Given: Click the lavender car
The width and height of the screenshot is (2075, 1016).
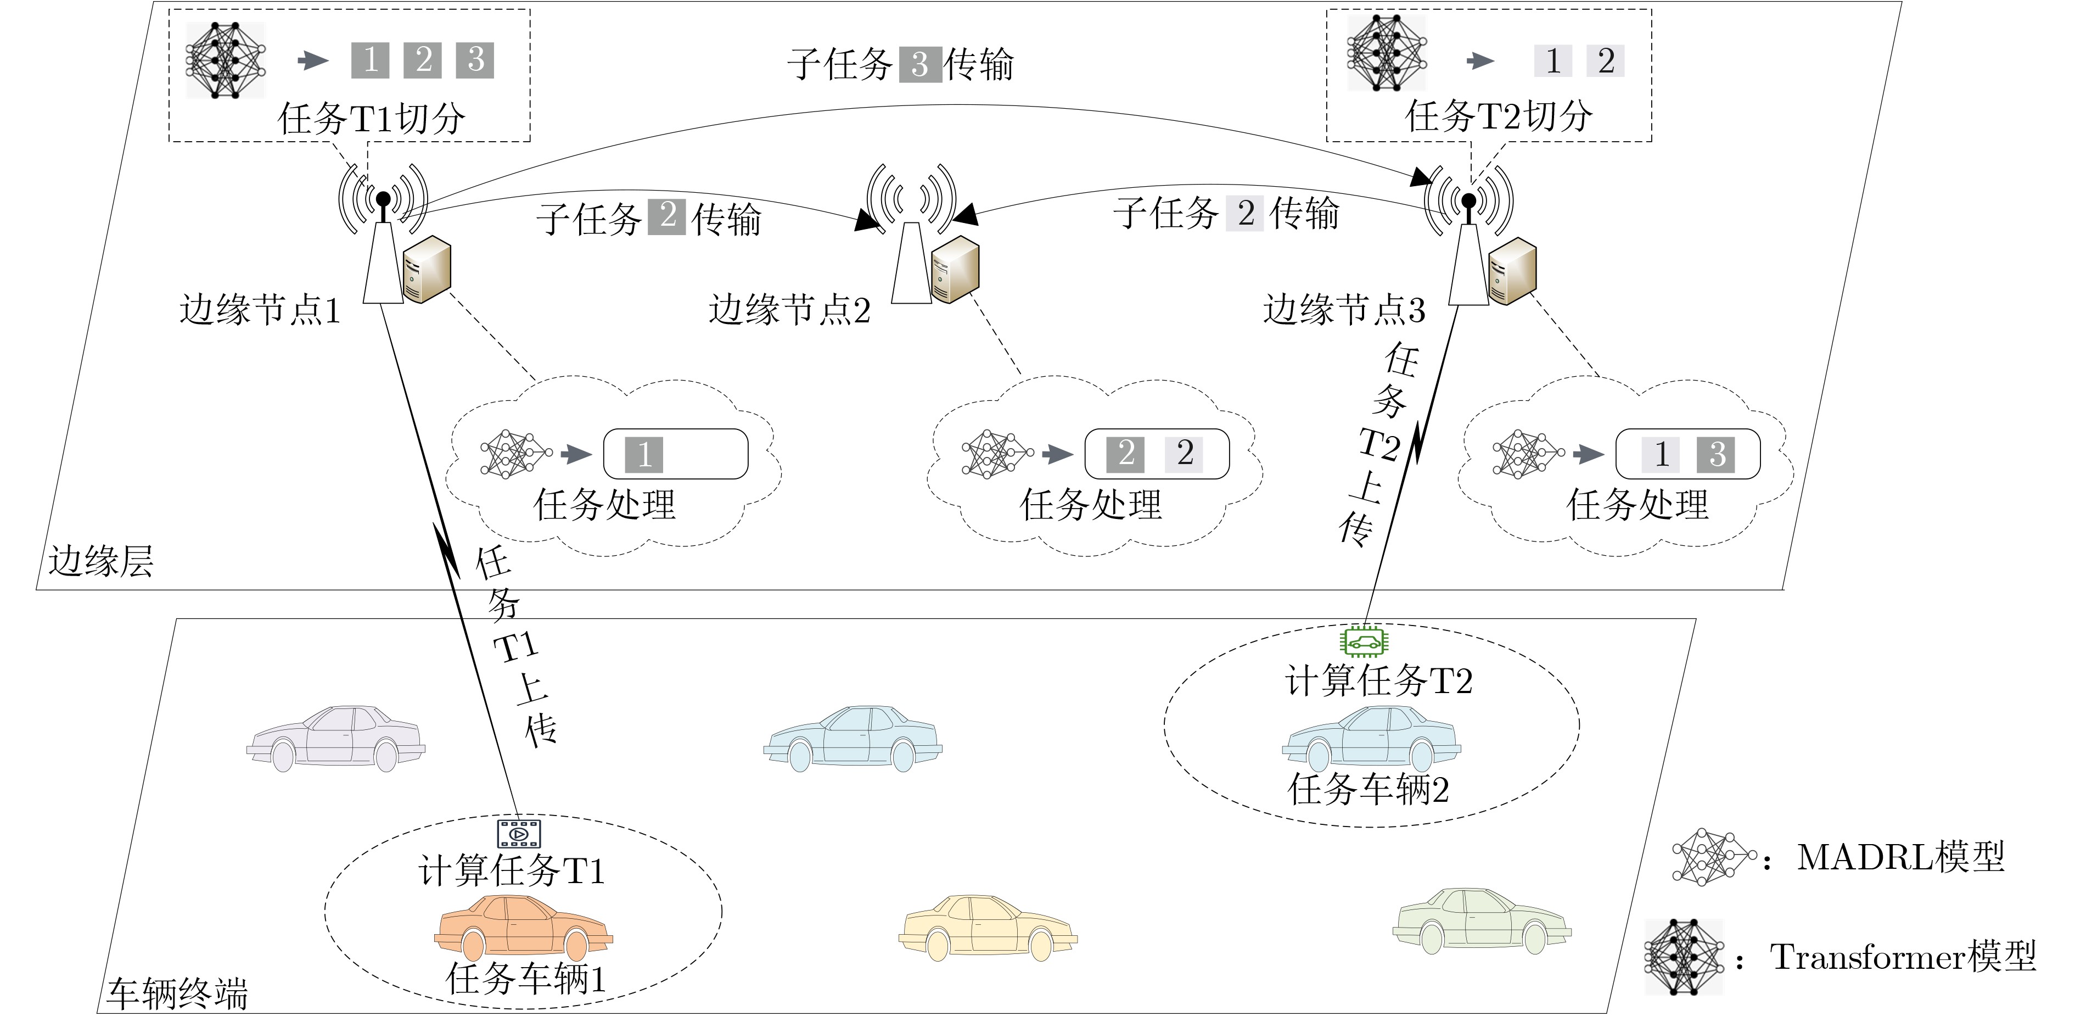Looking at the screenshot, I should [336, 739].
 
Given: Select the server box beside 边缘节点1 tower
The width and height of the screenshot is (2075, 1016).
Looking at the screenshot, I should [427, 269].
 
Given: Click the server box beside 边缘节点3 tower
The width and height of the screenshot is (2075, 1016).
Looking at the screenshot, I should [1512, 271].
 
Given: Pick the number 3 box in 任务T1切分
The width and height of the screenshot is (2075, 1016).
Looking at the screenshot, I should [475, 60].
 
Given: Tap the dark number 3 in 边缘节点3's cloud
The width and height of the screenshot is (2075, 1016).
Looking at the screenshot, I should [1716, 454].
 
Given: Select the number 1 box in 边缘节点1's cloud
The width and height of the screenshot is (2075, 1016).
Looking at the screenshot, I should [644, 454].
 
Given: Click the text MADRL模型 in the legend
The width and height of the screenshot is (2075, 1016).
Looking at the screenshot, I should [1901, 857].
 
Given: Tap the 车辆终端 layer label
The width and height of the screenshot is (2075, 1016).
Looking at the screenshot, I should [177, 994].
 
